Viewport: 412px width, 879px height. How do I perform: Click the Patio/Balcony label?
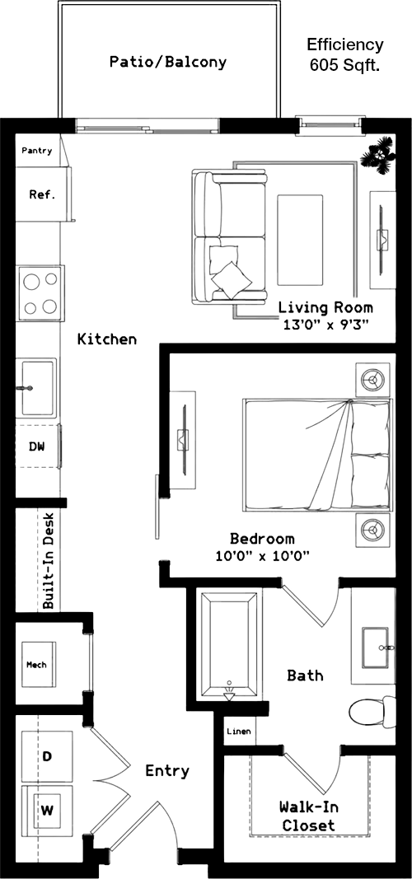pos(167,62)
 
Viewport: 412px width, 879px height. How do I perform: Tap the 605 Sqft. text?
pos(345,66)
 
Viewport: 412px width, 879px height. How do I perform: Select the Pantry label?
pos(37,150)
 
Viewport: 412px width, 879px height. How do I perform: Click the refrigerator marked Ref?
pos(42,194)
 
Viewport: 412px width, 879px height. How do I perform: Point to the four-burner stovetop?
pos(40,293)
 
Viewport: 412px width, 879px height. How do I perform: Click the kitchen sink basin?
pos(39,387)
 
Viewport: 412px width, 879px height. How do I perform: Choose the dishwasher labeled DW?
pos(38,447)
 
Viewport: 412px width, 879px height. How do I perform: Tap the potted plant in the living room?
pos(378,155)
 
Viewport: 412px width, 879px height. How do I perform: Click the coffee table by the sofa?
pos(300,240)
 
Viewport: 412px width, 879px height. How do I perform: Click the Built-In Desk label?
pos(49,560)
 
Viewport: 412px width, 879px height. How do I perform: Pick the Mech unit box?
pos(39,664)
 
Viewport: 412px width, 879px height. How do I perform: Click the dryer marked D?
pos(47,756)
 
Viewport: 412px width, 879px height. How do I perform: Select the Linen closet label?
pos(238,732)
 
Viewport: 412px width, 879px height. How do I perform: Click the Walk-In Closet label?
pos(308,816)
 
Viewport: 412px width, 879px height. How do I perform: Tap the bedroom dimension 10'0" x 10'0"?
pos(263,557)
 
